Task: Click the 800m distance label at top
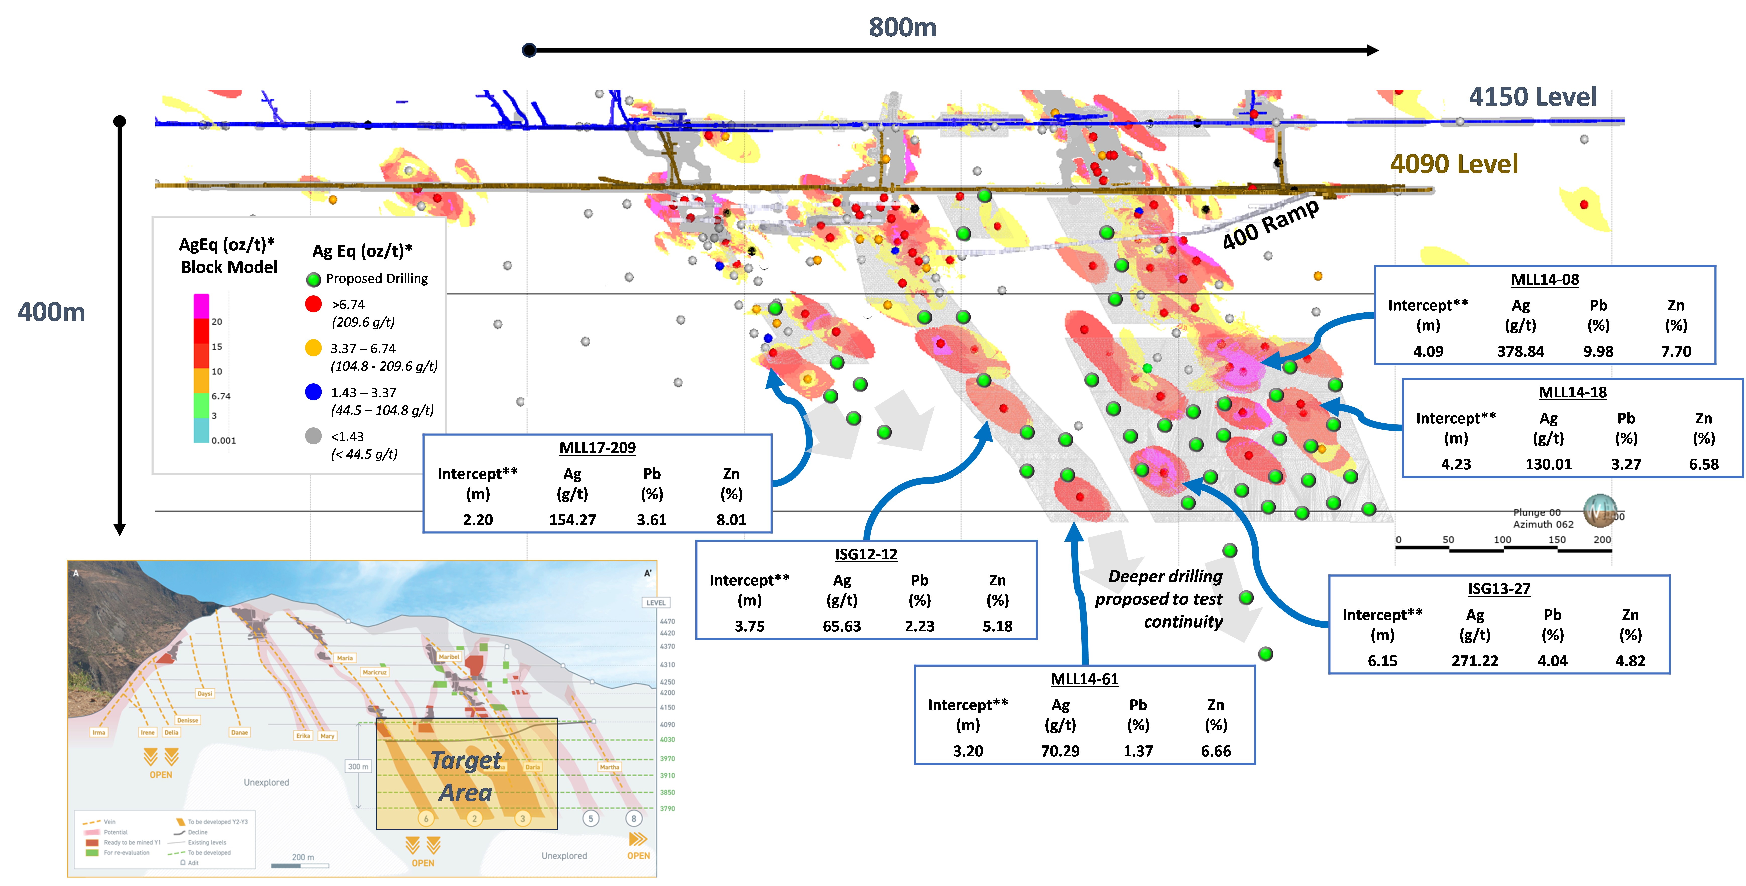[x=902, y=28]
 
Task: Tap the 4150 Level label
[x=1533, y=97]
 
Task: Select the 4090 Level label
[x=1454, y=164]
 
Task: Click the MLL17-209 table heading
[x=597, y=448]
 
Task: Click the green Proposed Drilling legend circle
[x=313, y=279]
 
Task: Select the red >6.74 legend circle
[x=313, y=304]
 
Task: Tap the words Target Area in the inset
[x=466, y=776]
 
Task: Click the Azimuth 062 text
[x=1543, y=524]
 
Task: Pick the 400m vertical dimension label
[x=51, y=312]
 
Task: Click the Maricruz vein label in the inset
[x=374, y=673]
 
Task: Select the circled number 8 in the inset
[x=634, y=818]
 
